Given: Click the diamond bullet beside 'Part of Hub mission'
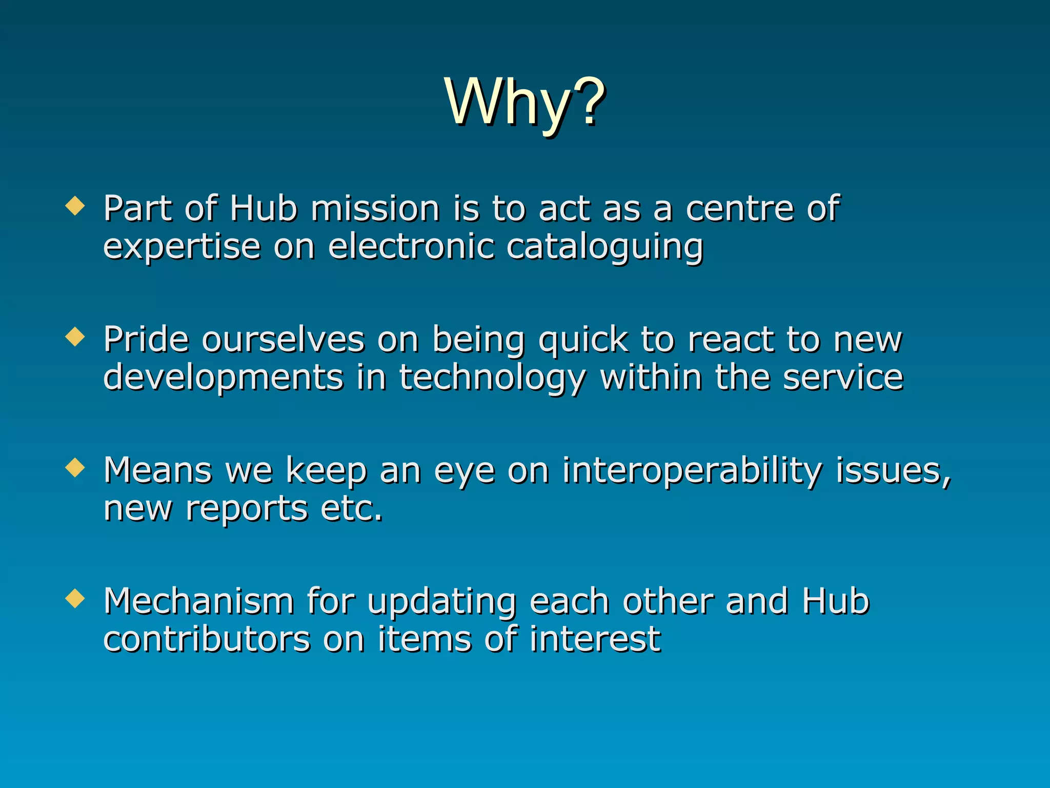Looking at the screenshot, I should pos(75,206).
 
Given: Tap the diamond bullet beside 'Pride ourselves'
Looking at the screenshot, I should pos(75,337).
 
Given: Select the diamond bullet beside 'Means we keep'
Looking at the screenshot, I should pos(75,468).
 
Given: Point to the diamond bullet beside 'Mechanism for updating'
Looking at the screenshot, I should pos(75,599).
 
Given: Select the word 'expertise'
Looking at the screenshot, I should pos(181,247).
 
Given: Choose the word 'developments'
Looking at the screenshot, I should pos(223,379).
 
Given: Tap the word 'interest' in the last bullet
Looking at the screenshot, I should pos(595,639).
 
